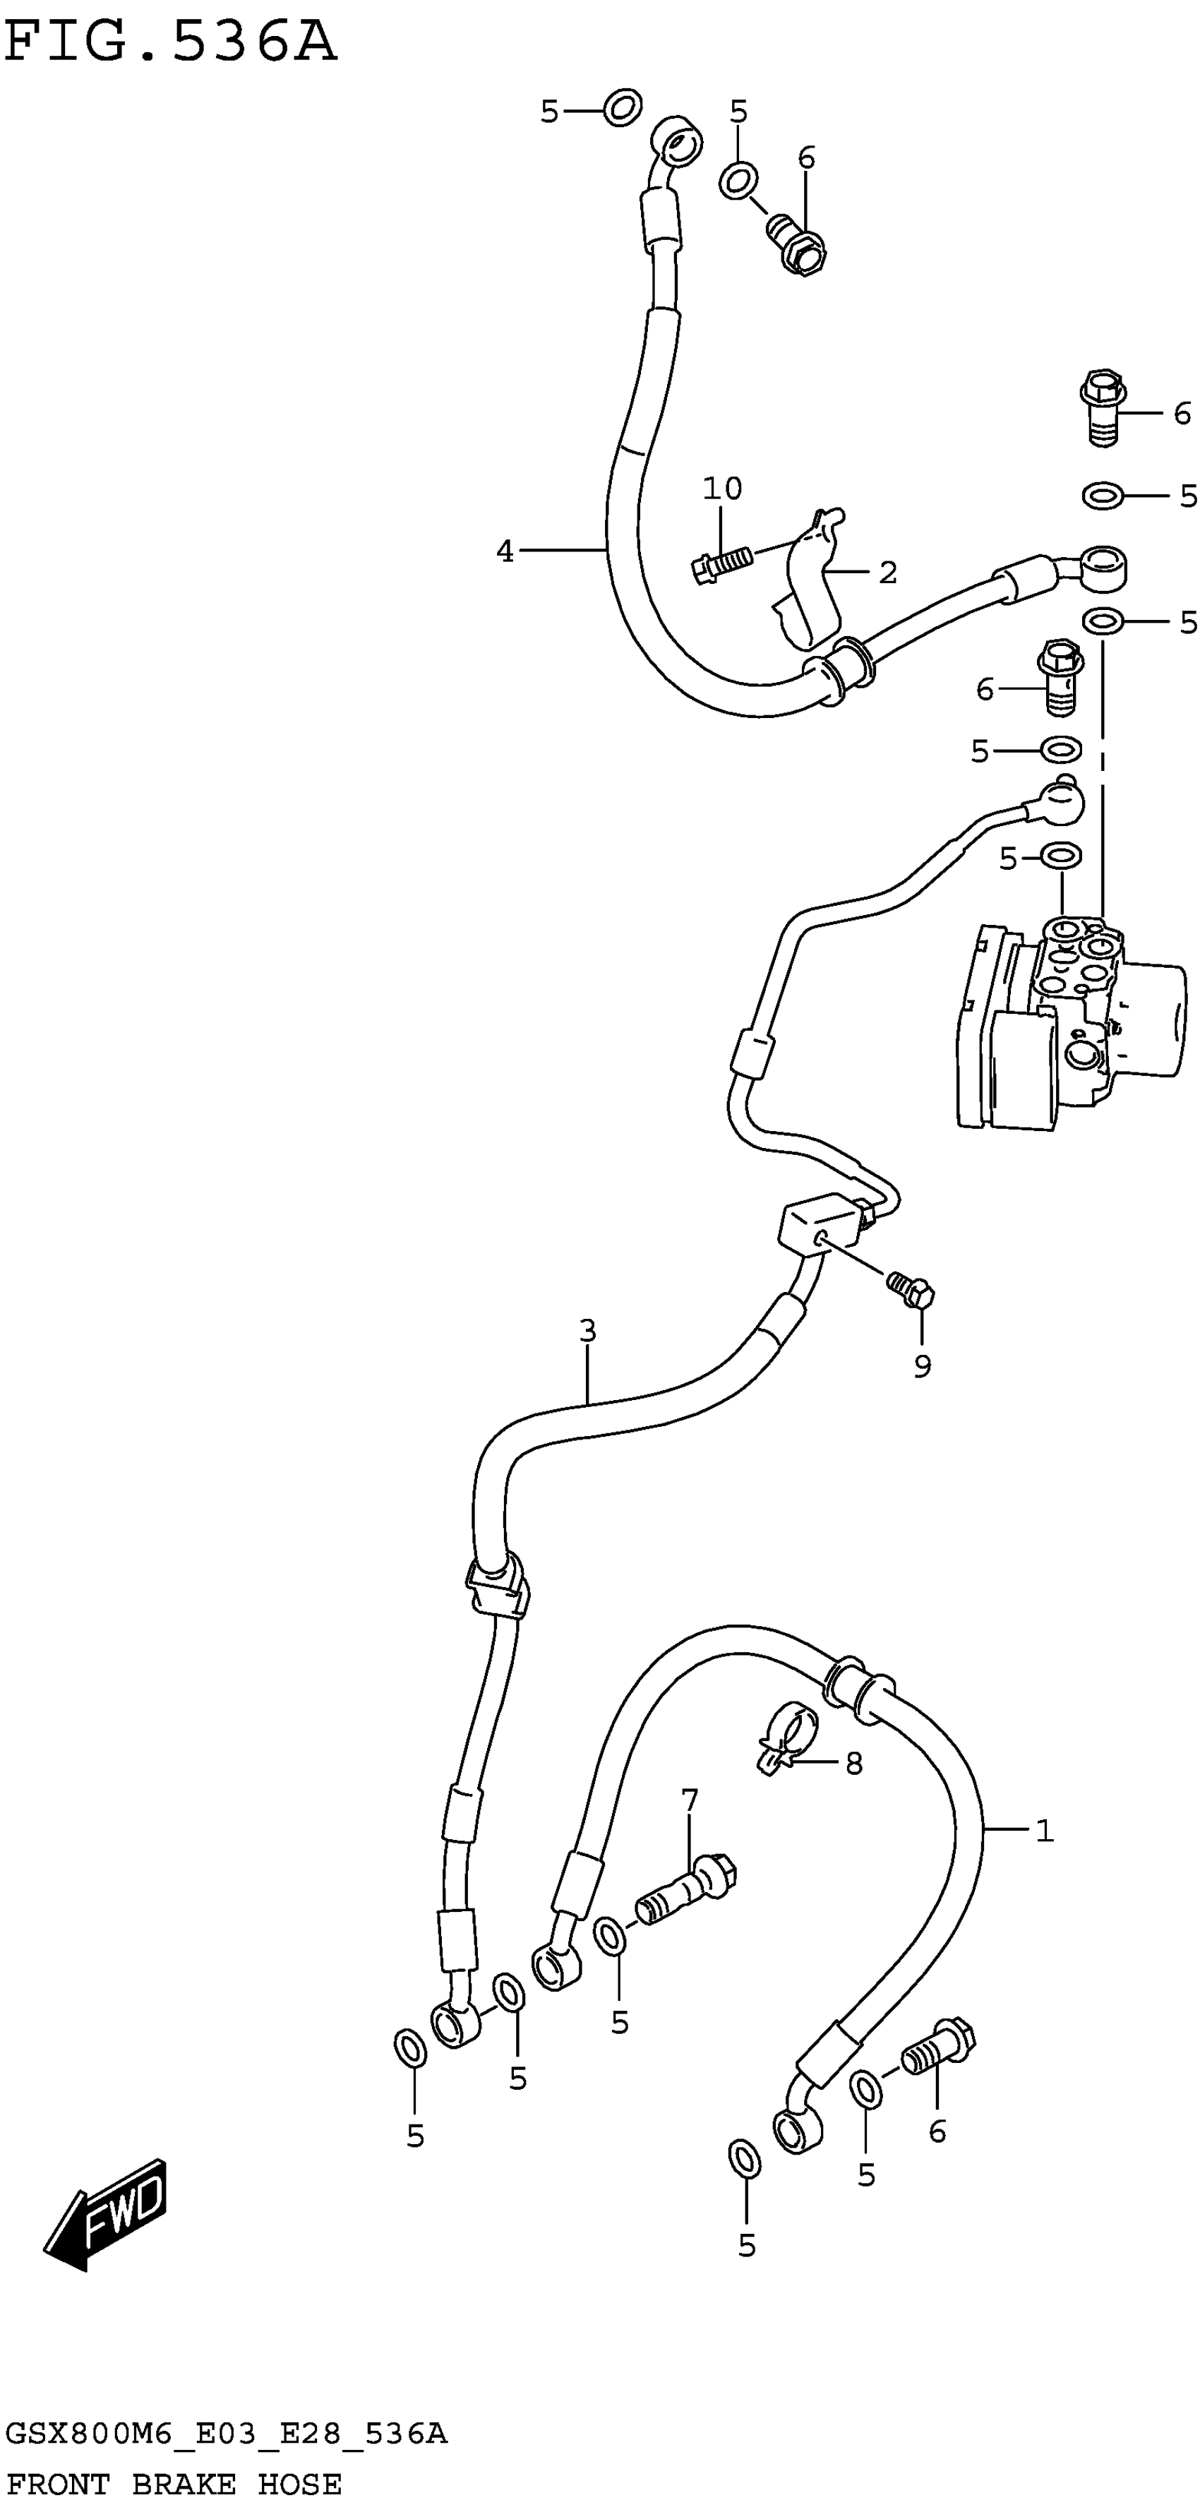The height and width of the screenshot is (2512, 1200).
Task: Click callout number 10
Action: (722, 489)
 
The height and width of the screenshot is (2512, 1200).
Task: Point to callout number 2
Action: (887, 573)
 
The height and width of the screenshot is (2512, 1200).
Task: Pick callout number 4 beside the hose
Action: (504, 552)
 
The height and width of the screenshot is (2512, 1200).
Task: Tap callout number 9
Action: (922, 1366)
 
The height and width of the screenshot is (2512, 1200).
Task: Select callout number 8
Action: (854, 1763)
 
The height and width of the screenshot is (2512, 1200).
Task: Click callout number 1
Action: (1044, 1831)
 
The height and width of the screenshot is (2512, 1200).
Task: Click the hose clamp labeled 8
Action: (788, 1739)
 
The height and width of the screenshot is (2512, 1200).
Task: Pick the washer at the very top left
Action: (622, 107)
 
